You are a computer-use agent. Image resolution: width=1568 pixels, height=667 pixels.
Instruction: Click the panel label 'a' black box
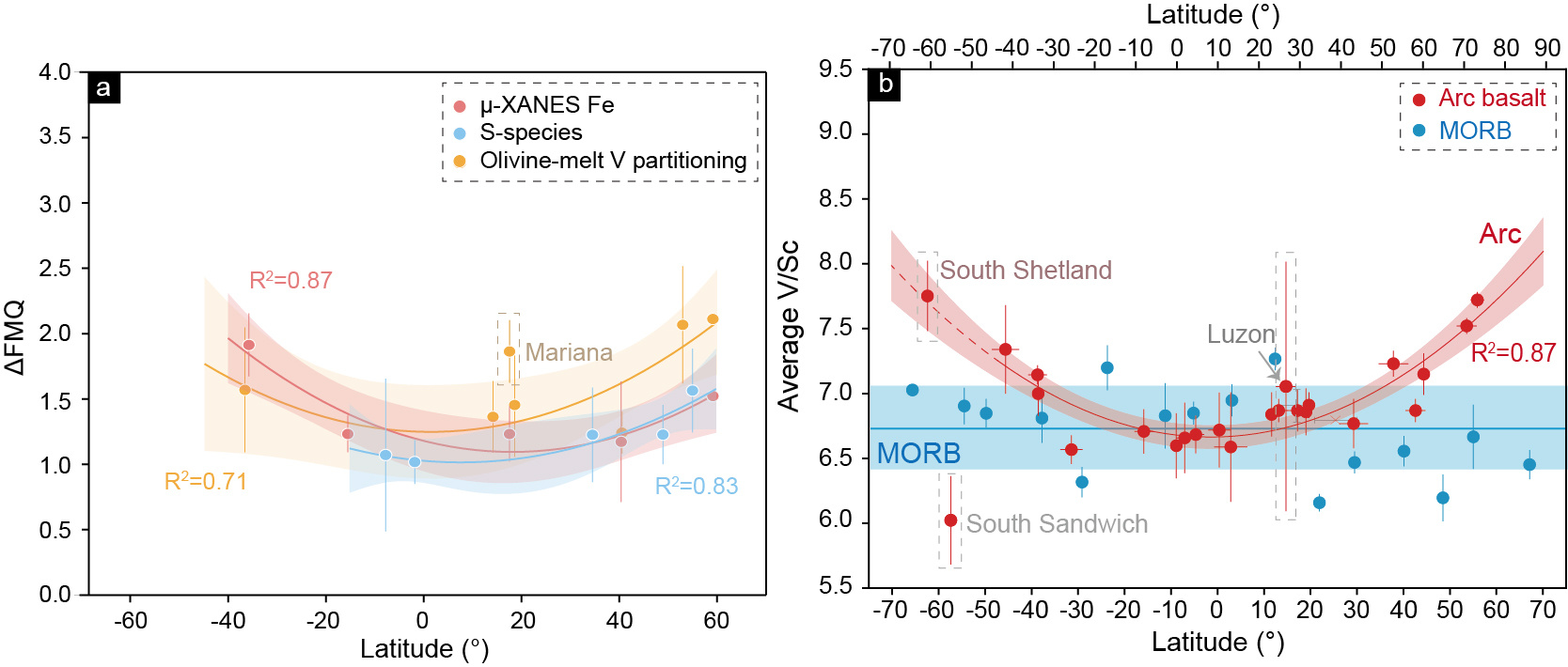point(103,87)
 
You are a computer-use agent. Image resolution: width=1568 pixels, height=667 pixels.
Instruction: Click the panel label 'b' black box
point(885,85)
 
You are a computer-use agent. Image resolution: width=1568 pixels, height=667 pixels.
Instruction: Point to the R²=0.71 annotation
point(205,482)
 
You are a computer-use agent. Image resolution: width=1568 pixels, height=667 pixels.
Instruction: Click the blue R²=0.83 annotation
point(696,487)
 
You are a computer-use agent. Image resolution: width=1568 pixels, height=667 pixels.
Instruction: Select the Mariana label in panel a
point(568,352)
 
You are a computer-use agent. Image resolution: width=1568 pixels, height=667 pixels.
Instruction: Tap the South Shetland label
point(1026,271)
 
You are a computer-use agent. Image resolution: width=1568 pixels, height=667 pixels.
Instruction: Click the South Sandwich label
point(1057,524)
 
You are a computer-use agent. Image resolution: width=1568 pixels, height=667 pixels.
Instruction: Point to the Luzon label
point(1240,334)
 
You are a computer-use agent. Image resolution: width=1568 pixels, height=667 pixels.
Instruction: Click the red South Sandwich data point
point(950,520)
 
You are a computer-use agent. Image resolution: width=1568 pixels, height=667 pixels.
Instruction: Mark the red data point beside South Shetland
point(927,296)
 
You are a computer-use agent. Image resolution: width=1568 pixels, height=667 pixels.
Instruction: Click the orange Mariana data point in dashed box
point(509,351)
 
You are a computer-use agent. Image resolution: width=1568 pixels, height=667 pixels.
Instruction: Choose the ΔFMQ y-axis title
point(15,337)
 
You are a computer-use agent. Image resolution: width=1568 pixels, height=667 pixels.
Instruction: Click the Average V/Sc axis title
point(788,325)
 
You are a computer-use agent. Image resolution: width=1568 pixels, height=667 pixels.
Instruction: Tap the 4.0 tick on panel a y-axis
point(55,72)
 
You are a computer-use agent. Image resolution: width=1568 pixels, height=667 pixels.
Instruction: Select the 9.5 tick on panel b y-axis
point(835,70)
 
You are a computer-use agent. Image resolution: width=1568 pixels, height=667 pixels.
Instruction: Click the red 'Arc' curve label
point(1499,234)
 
